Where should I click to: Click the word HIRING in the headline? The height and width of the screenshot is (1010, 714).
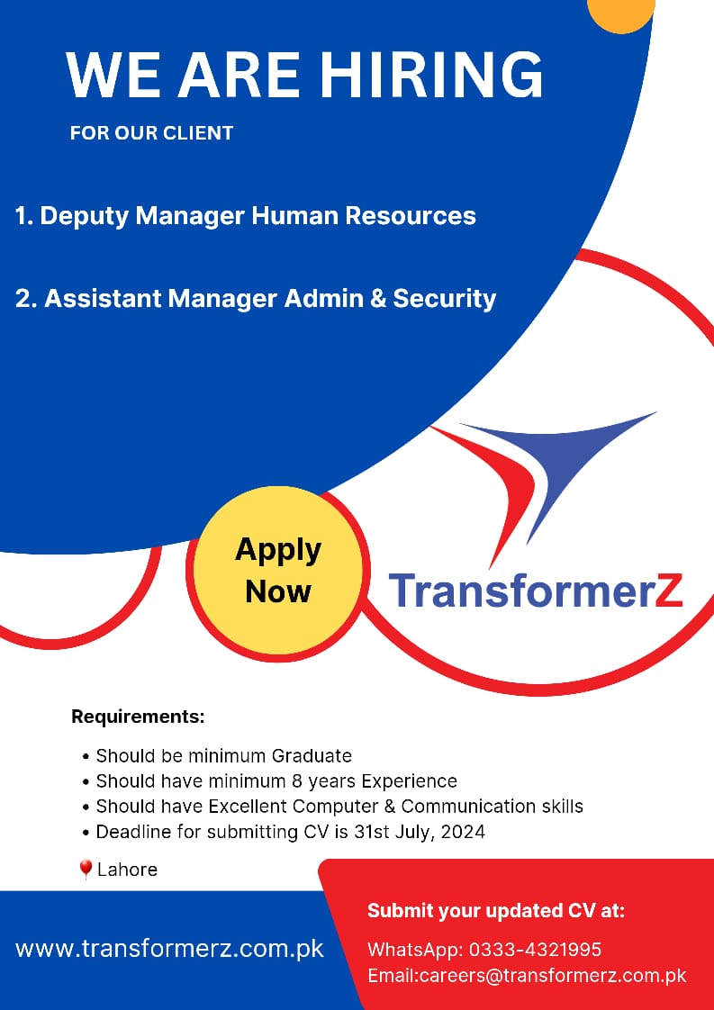pyautogui.click(x=432, y=75)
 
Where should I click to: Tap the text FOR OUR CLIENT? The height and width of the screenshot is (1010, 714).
pyautogui.click(x=151, y=133)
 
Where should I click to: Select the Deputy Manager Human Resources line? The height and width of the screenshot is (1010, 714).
pyautogui.click(x=246, y=217)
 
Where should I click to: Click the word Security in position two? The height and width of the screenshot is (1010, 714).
pyautogui.click(x=445, y=299)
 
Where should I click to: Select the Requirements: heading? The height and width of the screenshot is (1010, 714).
pyautogui.click(x=138, y=717)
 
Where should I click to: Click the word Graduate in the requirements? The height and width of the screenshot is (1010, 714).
pyautogui.click(x=312, y=755)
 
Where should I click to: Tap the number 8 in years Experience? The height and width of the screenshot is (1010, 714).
pyautogui.click(x=297, y=781)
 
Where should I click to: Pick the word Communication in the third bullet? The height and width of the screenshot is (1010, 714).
pyautogui.click(x=459, y=807)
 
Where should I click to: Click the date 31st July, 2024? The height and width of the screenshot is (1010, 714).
pyautogui.click(x=420, y=833)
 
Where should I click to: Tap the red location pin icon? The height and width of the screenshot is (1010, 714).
pyautogui.click(x=85, y=870)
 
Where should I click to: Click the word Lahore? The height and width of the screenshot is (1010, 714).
pyautogui.click(x=127, y=870)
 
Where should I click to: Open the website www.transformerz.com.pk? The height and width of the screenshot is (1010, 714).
pyautogui.click(x=169, y=949)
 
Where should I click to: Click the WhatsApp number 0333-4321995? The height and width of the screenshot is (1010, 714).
pyautogui.click(x=535, y=950)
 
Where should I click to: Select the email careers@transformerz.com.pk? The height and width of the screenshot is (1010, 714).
pyautogui.click(x=553, y=976)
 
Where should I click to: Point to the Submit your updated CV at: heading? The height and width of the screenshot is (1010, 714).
pyautogui.click(x=496, y=912)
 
